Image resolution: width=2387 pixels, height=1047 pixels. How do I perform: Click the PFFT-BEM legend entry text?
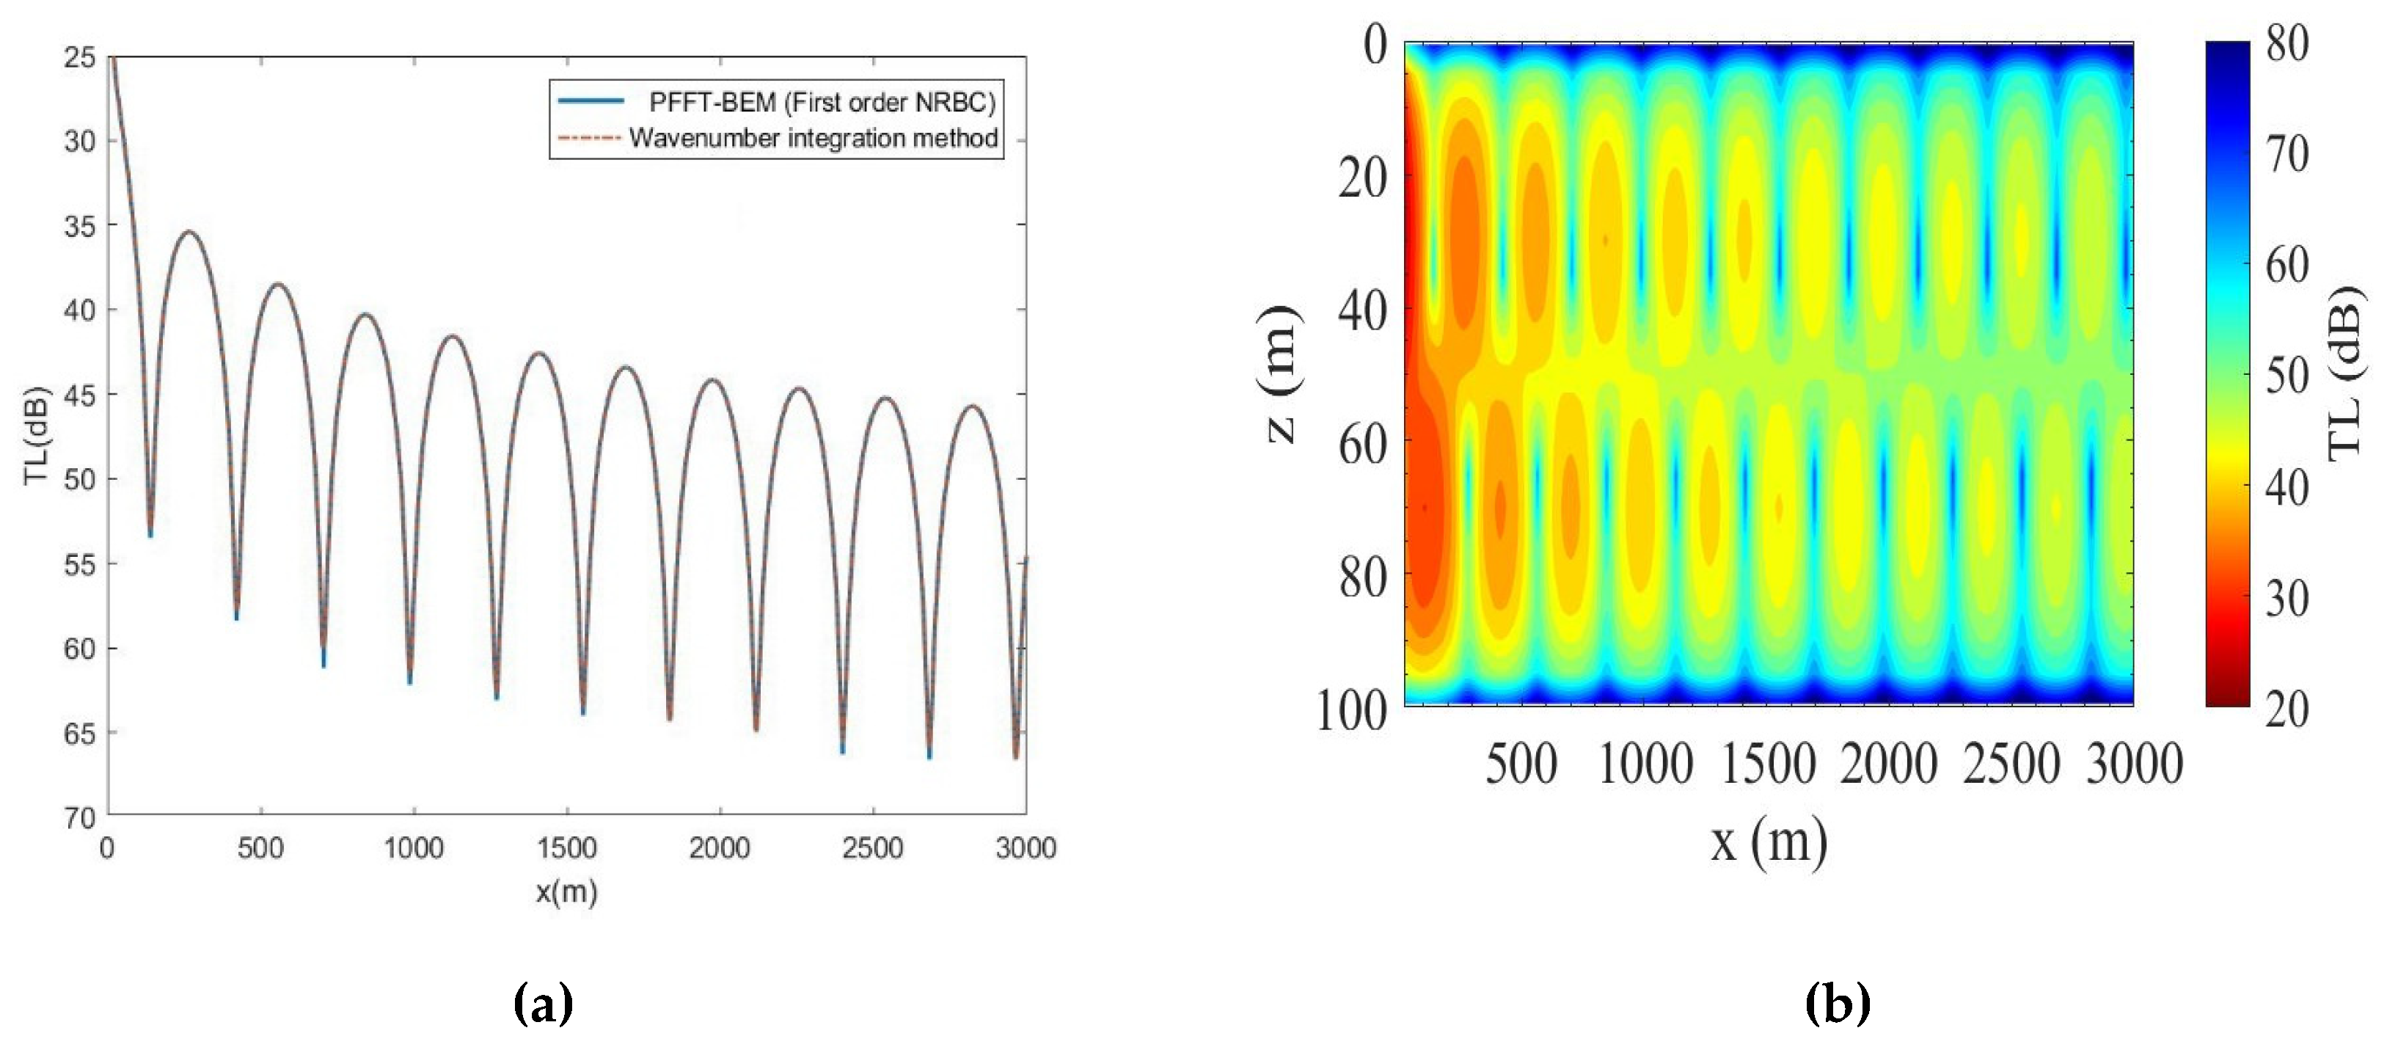pos(821,102)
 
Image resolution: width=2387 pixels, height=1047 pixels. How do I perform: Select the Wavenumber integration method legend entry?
pos(813,138)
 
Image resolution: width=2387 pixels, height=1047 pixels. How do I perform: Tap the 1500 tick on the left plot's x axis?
pos(566,847)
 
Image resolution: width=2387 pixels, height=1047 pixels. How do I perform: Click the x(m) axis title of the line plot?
pos(566,891)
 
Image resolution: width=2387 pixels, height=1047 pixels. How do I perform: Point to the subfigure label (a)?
pos(543,1004)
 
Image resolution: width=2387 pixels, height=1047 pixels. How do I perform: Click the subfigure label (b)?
pos(1838,1004)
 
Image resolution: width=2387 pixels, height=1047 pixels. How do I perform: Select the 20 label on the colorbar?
pos(2287,709)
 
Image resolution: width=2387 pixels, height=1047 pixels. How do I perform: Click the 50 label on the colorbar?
pos(2287,376)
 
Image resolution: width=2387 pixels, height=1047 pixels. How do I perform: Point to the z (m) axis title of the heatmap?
pos(1282,374)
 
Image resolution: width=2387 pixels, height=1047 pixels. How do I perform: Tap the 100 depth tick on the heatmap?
pos(1352,711)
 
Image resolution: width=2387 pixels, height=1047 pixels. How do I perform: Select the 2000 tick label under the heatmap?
pos(1888,765)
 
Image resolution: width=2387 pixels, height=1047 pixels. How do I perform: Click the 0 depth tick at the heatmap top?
pos(1375,45)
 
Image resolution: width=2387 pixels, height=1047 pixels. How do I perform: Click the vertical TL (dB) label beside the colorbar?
pos(2345,374)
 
